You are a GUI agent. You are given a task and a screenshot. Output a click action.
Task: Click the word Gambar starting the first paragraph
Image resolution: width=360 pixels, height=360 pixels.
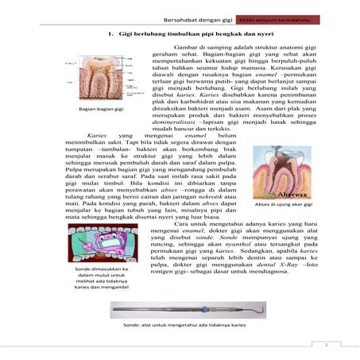180,48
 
